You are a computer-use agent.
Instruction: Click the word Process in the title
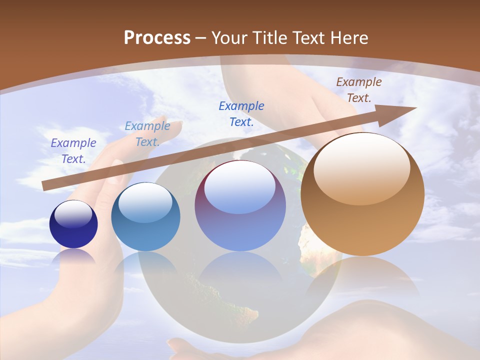pyautogui.click(x=157, y=38)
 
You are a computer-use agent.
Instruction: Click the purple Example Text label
pyautogui.click(x=73, y=150)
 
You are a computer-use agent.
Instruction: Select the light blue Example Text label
pyautogui.click(x=147, y=133)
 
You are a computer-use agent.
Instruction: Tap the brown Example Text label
pyautogui.click(x=358, y=89)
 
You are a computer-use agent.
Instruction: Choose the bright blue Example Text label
pyautogui.click(x=241, y=113)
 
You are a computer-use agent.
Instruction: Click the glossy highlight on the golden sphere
pyautogui.click(x=361, y=170)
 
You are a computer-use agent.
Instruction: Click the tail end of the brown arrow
pyautogui.click(x=46, y=185)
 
